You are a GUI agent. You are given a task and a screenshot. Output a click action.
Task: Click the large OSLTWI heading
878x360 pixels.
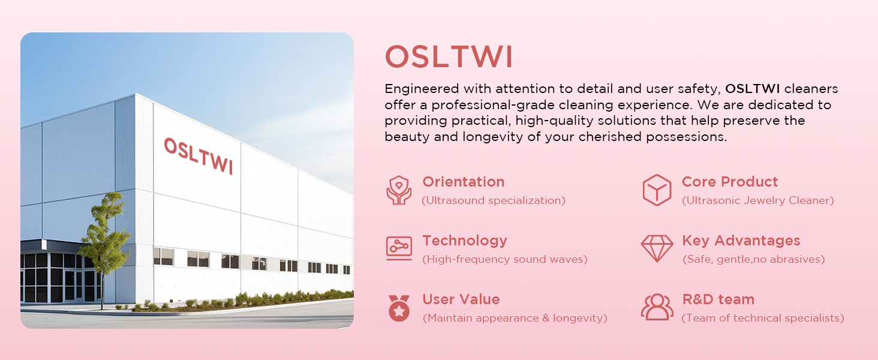click(x=449, y=57)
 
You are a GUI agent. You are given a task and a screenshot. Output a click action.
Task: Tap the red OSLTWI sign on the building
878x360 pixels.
click(x=199, y=155)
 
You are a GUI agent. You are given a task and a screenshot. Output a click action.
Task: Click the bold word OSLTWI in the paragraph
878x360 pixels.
click(x=752, y=89)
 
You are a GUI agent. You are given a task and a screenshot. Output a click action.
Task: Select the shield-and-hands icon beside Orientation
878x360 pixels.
click(x=399, y=190)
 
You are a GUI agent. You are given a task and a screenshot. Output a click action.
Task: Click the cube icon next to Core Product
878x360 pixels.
click(x=657, y=190)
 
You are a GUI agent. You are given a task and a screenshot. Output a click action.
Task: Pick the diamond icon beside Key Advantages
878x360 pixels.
click(x=657, y=248)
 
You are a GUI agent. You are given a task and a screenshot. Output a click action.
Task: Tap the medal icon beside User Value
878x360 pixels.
click(x=399, y=308)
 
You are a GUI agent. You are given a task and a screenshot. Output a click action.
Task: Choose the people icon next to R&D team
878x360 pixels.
click(x=657, y=307)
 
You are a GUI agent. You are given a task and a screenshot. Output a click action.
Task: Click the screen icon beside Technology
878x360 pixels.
click(x=399, y=248)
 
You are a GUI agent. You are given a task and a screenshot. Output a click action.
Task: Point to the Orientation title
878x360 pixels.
click(x=464, y=182)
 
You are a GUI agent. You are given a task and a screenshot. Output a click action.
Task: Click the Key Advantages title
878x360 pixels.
click(x=741, y=241)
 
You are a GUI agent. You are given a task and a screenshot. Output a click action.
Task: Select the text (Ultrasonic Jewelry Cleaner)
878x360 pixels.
click(x=757, y=200)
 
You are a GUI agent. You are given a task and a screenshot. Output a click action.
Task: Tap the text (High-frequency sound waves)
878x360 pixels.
click(x=505, y=259)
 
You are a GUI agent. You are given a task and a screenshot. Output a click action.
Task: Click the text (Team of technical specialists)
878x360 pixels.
click(x=763, y=318)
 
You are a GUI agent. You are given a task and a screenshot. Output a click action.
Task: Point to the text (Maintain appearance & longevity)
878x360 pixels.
click(x=515, y=318)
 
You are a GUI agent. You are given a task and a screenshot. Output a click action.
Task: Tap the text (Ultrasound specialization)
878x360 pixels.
click(x=494, y=200)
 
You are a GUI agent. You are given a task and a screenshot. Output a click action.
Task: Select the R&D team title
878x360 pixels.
click(x=718, y=299)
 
